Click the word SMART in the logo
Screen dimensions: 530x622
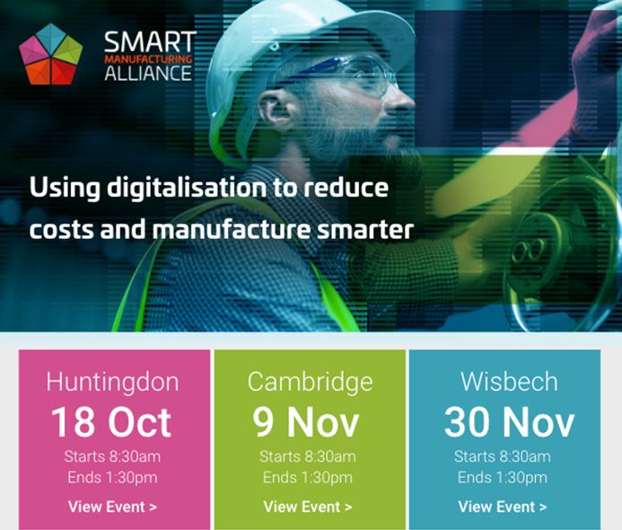coord(150,42)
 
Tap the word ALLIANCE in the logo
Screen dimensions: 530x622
coord(148,74)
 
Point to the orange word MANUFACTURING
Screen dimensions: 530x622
coord(150,58)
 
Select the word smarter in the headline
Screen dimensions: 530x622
coord(368,228)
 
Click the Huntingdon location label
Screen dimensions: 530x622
coord(113,381)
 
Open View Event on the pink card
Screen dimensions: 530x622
coord(113,507)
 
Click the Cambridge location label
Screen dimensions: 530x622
coord(310,381)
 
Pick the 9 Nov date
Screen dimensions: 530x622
coord(307,421)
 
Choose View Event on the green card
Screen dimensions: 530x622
coord(308,507)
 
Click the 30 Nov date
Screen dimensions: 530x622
coord(509,421)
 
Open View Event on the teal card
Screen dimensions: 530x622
coord(503,507)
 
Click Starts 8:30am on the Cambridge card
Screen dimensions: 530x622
coord(308,456)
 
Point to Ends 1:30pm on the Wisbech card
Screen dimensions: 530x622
coord(503,477)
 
